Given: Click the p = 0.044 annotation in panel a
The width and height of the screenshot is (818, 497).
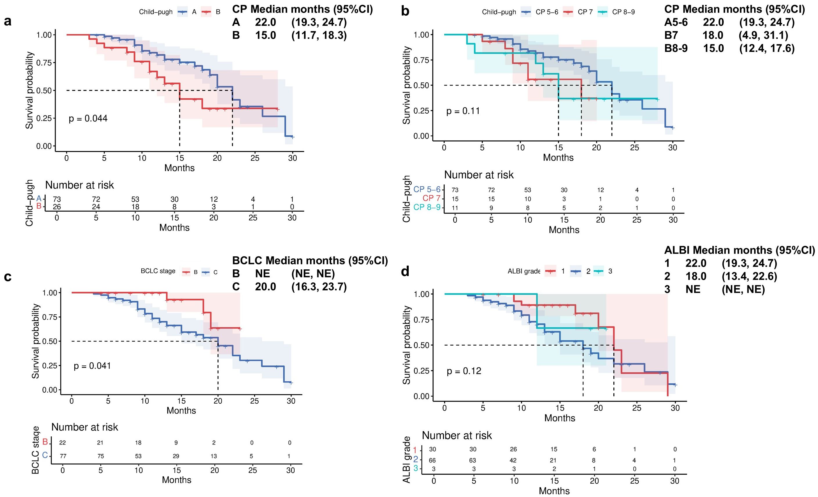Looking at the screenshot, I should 88,119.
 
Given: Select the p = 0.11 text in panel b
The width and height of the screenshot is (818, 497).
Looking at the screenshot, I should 463,111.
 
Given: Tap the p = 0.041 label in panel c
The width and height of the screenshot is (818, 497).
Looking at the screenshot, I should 92,366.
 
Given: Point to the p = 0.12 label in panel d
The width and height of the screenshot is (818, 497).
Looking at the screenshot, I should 464,371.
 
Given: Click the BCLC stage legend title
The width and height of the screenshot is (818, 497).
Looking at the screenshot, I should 158,271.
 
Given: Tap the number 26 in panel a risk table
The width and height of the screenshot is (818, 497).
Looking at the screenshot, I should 57,207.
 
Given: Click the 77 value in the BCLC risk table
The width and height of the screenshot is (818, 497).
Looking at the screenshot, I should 63,456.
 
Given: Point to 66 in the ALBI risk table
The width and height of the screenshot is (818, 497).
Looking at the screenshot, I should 432,460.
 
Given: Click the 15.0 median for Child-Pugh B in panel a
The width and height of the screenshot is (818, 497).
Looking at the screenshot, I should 265,35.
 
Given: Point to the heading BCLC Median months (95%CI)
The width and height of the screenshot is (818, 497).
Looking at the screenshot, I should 310,261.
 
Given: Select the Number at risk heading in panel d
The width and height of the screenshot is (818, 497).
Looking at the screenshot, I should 457,435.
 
